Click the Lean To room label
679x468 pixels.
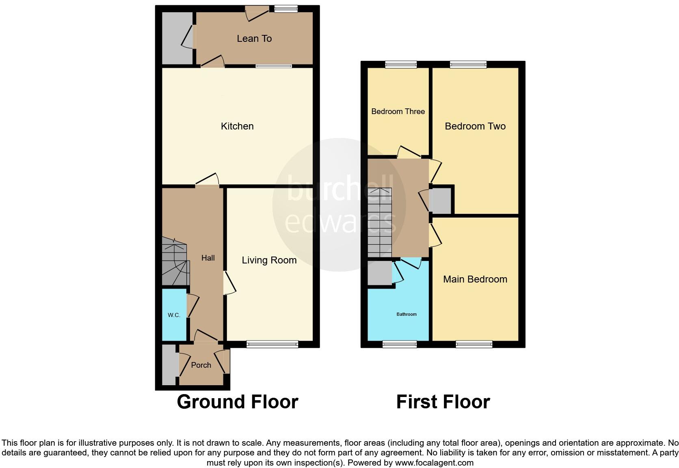[x=254, y=39]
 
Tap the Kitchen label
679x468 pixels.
[x=237, y=126]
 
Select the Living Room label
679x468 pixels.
[x=269, y=260]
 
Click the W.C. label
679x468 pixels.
[x=174, y=315]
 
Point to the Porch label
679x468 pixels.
[x=201, y=365]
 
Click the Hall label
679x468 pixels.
[x=208, y=258]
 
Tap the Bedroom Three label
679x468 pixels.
[x=398, y=111]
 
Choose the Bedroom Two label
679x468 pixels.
[x=475, y=126]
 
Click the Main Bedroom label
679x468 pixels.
[x=475, y=279]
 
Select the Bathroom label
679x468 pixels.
[x=407, y=314]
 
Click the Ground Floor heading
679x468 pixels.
[x=238, y=402]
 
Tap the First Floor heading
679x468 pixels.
[x=443, y=402]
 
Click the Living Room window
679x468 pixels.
[x=272, y=345]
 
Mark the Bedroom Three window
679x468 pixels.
[x=401, y=64]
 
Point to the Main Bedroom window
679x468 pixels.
[x=474, y=345]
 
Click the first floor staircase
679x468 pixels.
[x=380, y=222]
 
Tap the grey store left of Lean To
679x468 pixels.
[x=177, y=38]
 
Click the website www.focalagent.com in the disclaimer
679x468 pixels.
[x=434, y=463]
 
